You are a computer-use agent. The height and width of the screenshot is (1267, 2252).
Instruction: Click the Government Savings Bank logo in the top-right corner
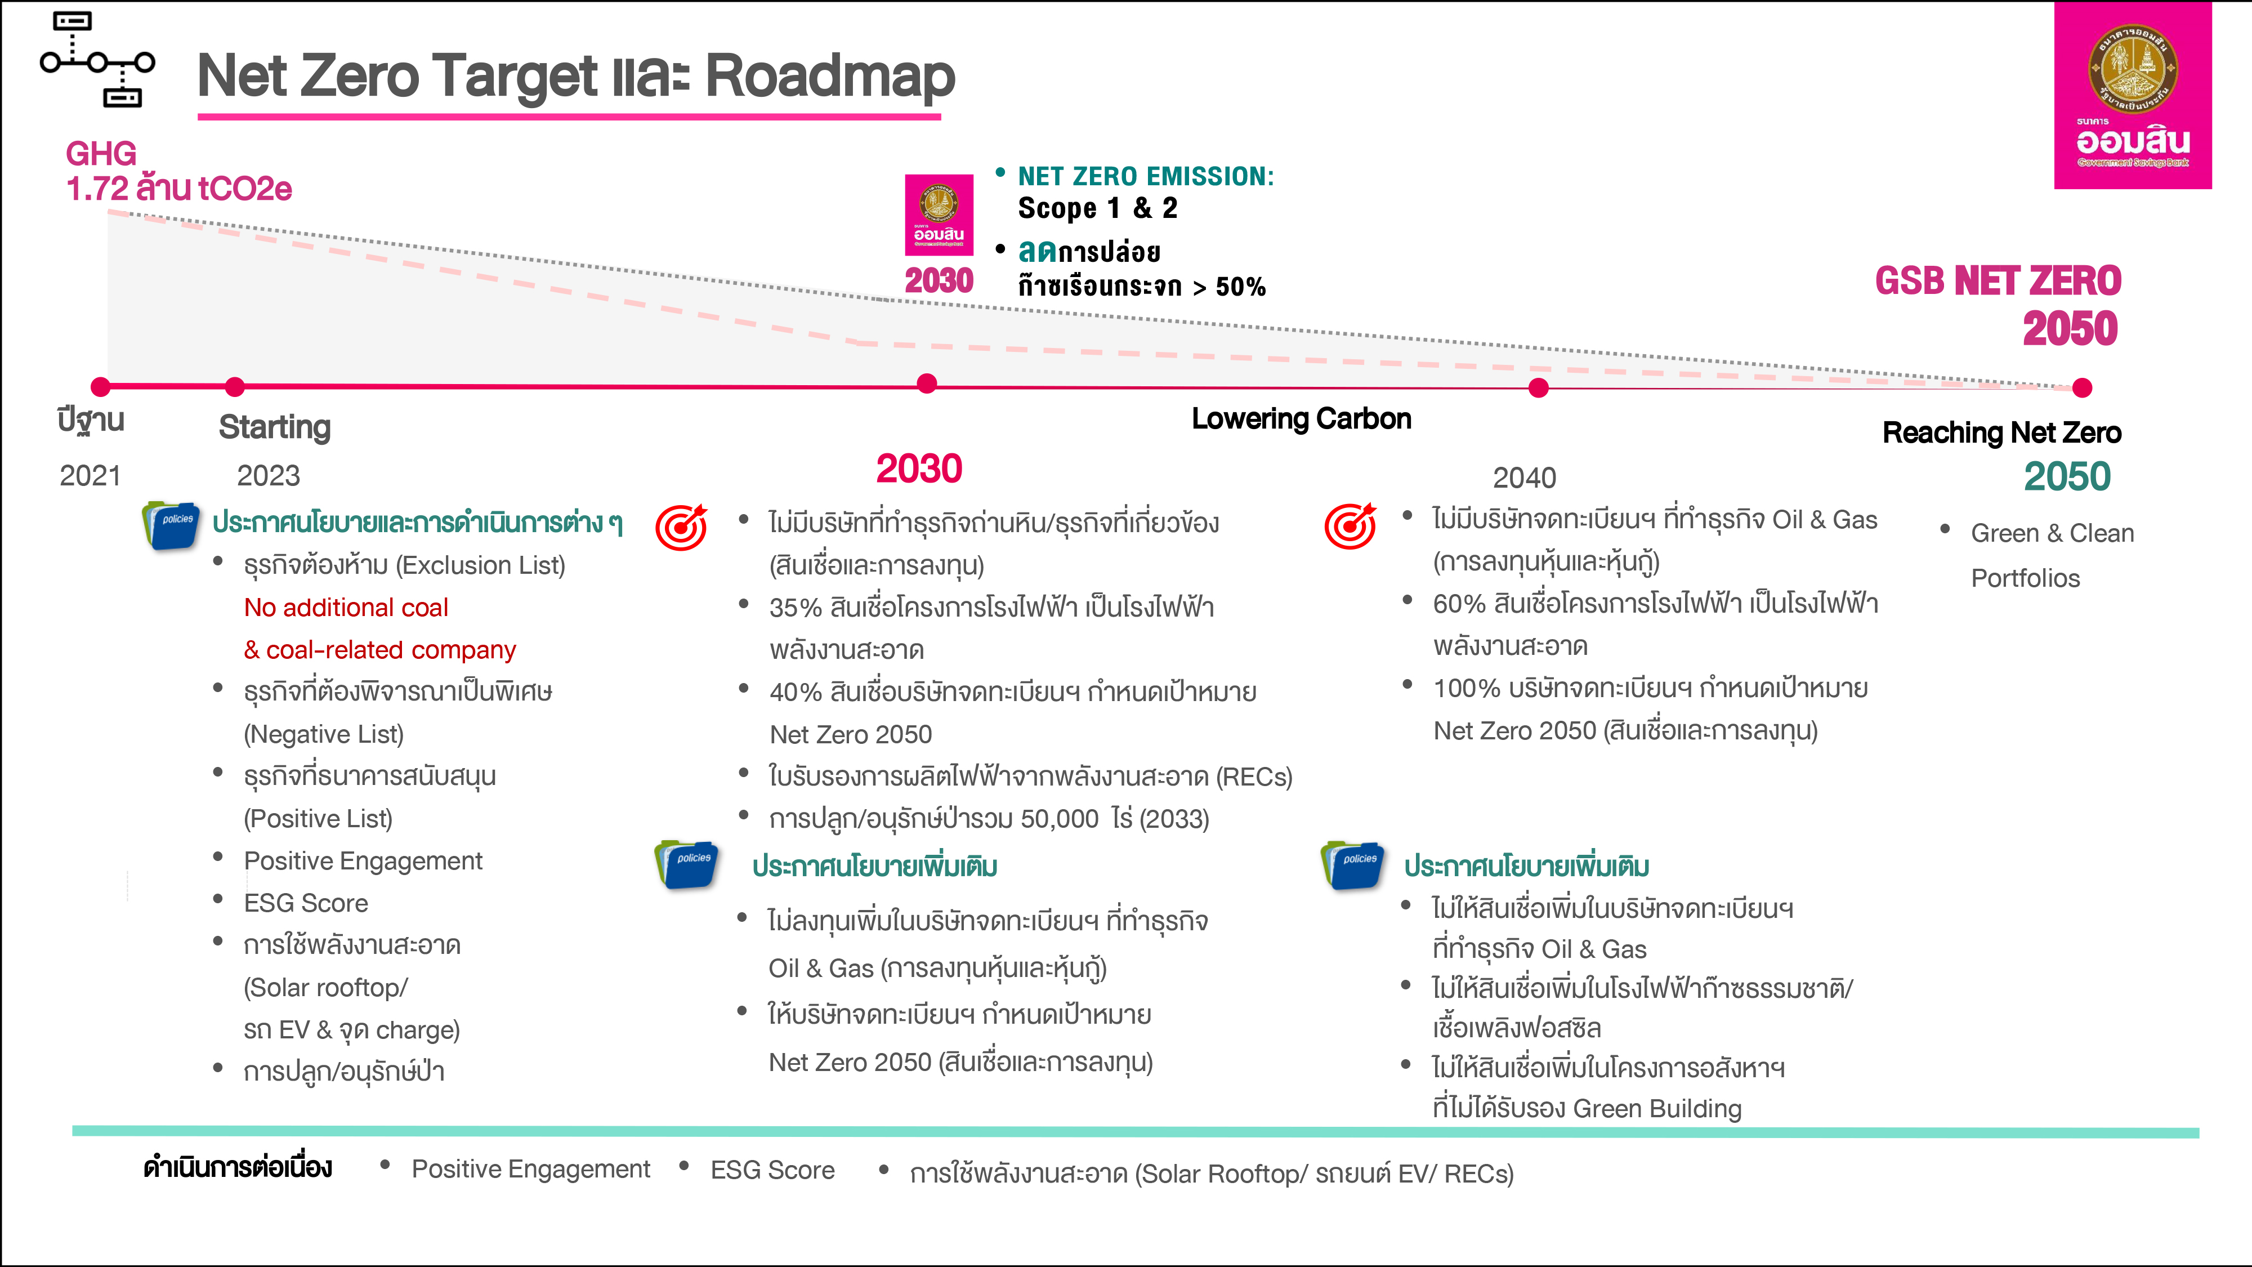point(2132,95)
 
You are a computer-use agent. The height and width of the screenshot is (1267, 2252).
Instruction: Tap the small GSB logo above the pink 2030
point(939,215)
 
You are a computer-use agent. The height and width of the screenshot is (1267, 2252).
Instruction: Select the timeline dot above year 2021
point(101,386)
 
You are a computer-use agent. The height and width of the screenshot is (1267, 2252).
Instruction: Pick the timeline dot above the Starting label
point(234,386)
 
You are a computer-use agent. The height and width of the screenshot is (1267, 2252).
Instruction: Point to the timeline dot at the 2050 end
point(2083,387)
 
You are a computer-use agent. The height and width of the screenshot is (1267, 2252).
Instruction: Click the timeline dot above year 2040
point(1539,387)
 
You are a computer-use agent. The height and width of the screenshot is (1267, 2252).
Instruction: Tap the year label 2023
point(269,476)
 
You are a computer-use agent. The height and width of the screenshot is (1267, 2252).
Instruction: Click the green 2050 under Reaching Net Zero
point(2067,476)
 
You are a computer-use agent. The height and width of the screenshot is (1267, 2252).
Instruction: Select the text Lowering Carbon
point(1302,419)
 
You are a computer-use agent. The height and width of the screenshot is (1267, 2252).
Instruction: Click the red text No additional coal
point(346,608)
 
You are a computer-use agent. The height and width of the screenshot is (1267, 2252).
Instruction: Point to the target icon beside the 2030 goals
point(682,527)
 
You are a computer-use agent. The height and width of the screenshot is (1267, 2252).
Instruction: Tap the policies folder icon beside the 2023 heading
point(171,525)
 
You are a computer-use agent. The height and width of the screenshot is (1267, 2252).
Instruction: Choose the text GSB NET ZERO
point(1999,280)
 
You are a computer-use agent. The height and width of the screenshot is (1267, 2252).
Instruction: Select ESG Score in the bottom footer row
point(773,1170)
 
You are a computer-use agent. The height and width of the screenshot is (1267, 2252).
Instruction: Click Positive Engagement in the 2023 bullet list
point(363,862)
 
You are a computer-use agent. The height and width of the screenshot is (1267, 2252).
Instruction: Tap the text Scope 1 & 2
point(1098,208)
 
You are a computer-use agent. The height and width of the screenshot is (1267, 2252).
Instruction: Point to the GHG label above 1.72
point(101,154)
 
